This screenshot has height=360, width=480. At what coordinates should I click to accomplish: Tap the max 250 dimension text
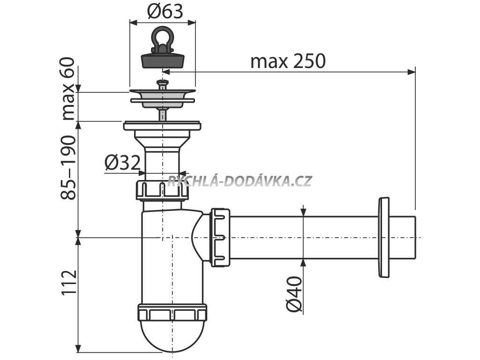point(287,61)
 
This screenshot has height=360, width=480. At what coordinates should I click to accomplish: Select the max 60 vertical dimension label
point(68,89)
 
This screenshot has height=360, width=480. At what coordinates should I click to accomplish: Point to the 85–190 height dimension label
point(68,168)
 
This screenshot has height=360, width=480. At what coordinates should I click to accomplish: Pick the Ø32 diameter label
point(122,163)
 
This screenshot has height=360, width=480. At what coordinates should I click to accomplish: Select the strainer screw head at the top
point(162,84)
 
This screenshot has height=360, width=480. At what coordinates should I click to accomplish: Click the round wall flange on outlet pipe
point(383,238)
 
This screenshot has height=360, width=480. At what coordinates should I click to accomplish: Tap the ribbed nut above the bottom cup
point(172,312)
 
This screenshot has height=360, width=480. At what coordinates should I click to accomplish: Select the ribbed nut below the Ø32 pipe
point(162,189)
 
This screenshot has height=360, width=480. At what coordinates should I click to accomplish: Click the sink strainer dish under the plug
point(162,96)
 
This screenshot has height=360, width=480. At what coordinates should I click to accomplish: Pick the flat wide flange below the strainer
point(162,126)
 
